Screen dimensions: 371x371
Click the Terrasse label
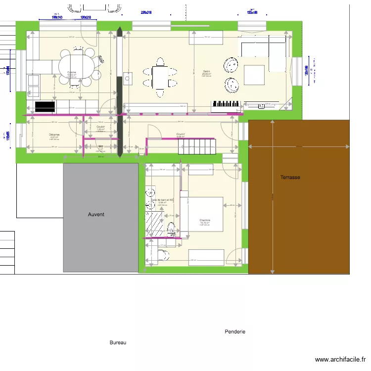click(290, 177)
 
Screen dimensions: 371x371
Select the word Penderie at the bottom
click(234, 331)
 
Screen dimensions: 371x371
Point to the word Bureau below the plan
click(118, 342)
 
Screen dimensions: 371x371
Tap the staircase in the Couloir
click(197, 144)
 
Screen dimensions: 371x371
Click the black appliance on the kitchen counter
click(45, 106)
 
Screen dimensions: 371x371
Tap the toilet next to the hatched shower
click(171, 228)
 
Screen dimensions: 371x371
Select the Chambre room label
click(205, 220)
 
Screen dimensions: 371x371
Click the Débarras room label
click(54, 135)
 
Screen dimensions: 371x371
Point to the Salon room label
click(206, 71)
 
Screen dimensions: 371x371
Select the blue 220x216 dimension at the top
click(146, 12)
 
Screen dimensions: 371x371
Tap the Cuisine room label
click(72, 72)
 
